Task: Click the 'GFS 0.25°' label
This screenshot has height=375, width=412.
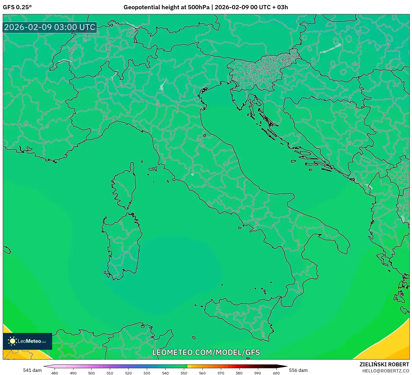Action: pos(17,7)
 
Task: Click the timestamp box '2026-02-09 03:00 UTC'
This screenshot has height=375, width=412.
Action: pos(50,27)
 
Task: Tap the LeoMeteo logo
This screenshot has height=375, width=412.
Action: pos(27,341)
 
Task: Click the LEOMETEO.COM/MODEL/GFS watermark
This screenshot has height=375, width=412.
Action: pos(206,352)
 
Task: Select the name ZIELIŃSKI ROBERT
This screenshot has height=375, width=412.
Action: pos(384,364)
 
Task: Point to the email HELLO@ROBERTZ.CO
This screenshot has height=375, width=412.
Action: pos(386,371)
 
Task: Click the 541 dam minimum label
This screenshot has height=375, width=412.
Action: pos(32,370)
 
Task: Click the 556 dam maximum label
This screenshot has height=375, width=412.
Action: pos(298,370)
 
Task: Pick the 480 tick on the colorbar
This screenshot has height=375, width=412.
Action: pos(55,373)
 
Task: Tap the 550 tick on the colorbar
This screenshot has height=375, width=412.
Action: pos(184,373)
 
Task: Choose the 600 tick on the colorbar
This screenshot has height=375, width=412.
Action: pos(276,373)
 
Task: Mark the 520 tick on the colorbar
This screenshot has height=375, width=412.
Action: pos(128,373)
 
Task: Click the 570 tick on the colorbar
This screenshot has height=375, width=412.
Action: pos(221,373)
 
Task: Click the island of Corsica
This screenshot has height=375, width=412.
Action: pos(125,186)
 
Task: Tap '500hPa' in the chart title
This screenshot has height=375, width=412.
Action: pos(198,7)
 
